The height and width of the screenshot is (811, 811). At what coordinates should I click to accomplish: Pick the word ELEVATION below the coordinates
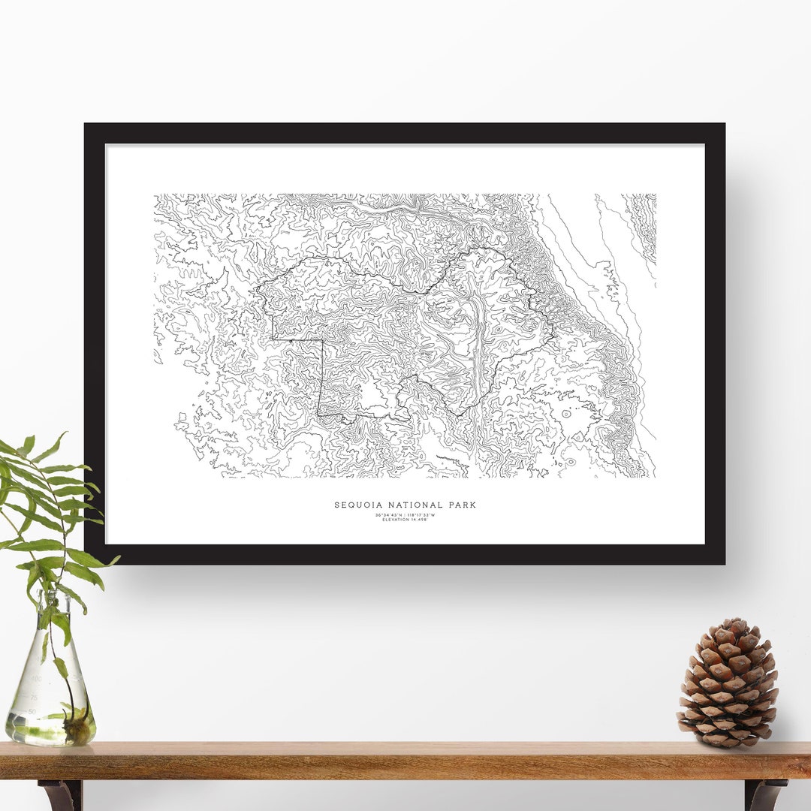click(x=396, y=520)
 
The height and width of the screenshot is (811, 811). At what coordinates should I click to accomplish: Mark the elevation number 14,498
click(x=420, y=520)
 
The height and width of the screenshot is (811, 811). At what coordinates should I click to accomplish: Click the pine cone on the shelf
click(x=728, y=684)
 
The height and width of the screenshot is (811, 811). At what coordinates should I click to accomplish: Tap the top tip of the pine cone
click(x=737, y=622)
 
